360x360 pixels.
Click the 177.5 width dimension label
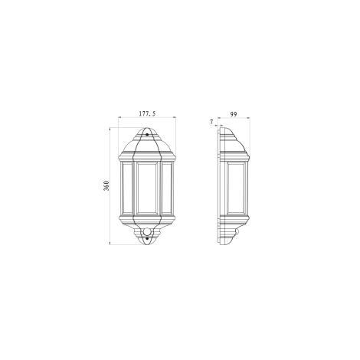click(147, 113)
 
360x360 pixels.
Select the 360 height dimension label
click(106, 186)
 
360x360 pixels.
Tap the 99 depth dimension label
click(234, 114)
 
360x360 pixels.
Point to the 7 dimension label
click(211, 123)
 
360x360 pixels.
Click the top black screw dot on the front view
click(147, 134)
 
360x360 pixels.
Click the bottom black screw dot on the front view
click(147, 238)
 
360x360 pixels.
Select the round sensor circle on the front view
click(147, 231)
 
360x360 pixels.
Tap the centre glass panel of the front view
click(146, 188)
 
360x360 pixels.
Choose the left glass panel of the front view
click(127, 188)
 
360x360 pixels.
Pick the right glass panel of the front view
click(166, 188)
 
